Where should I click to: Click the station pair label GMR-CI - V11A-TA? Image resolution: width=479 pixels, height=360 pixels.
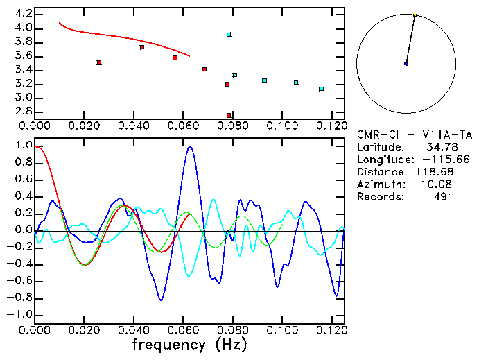coord(415,135)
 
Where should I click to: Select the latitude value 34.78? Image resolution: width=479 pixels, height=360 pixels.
coord(439,147)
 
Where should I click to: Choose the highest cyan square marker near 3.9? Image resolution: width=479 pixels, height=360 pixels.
coord(229,34)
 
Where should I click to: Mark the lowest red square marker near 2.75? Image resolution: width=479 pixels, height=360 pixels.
coord(229,115)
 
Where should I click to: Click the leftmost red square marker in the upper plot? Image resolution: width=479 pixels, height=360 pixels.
coord(99,62)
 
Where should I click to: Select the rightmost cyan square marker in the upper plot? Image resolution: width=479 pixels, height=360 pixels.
coord(321,89)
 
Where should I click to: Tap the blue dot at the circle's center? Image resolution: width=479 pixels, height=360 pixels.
coord(406,64)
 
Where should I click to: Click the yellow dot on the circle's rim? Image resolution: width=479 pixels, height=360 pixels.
coord(415,15)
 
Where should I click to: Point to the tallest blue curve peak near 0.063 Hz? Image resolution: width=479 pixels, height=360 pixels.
coord(190,146)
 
